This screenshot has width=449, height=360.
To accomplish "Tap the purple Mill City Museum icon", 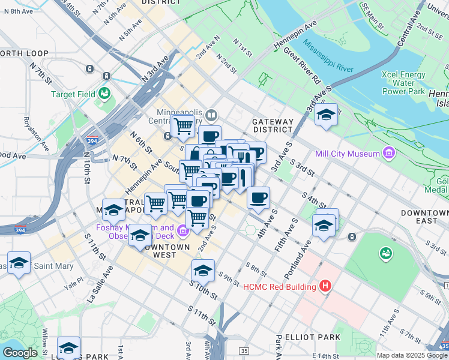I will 389,154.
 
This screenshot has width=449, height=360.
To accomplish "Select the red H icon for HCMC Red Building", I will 325,286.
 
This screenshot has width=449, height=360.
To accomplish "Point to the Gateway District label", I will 273,125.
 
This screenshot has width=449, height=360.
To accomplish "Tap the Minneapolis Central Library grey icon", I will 211,114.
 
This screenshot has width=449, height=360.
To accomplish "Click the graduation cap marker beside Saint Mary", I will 19,263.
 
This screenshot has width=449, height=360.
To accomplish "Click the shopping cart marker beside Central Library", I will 183,126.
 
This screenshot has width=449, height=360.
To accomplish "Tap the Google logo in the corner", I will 19,353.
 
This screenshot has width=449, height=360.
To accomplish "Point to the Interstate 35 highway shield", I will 243,350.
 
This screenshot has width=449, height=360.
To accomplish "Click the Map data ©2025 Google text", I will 411,355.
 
